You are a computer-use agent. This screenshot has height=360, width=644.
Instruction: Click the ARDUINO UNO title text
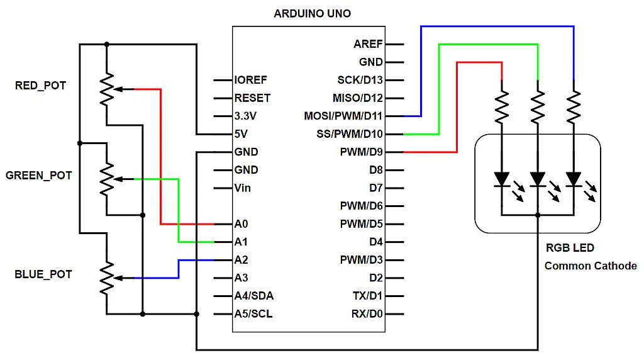[313, 13]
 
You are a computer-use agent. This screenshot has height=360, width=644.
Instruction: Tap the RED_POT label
[40, 86]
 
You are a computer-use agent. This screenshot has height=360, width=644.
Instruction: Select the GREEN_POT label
[38, 176]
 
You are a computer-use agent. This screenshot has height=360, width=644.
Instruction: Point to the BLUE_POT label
[43, 274]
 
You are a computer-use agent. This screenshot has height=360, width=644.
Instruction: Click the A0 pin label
[241, 224]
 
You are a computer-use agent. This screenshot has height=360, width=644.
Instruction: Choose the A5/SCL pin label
[253, 314]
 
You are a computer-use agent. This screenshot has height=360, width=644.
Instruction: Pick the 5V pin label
[241, 134]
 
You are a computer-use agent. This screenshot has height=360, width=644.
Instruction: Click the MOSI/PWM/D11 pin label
[343, 116]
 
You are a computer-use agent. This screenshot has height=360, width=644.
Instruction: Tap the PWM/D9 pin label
[360, 152]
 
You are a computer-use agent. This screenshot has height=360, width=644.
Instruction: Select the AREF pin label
[368, 44]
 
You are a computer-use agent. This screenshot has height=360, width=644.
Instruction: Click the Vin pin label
[243, 188]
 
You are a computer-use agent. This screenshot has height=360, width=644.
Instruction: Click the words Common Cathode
[591, 266]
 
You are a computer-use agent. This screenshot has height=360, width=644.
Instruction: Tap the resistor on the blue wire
[574, 107]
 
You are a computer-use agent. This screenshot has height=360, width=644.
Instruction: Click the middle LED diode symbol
[538, 179]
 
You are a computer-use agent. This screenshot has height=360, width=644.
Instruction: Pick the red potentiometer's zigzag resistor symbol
[108, 89]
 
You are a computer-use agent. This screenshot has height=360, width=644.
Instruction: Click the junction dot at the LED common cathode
[538, 215]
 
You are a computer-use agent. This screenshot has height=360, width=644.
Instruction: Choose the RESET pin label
[252, 98]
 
